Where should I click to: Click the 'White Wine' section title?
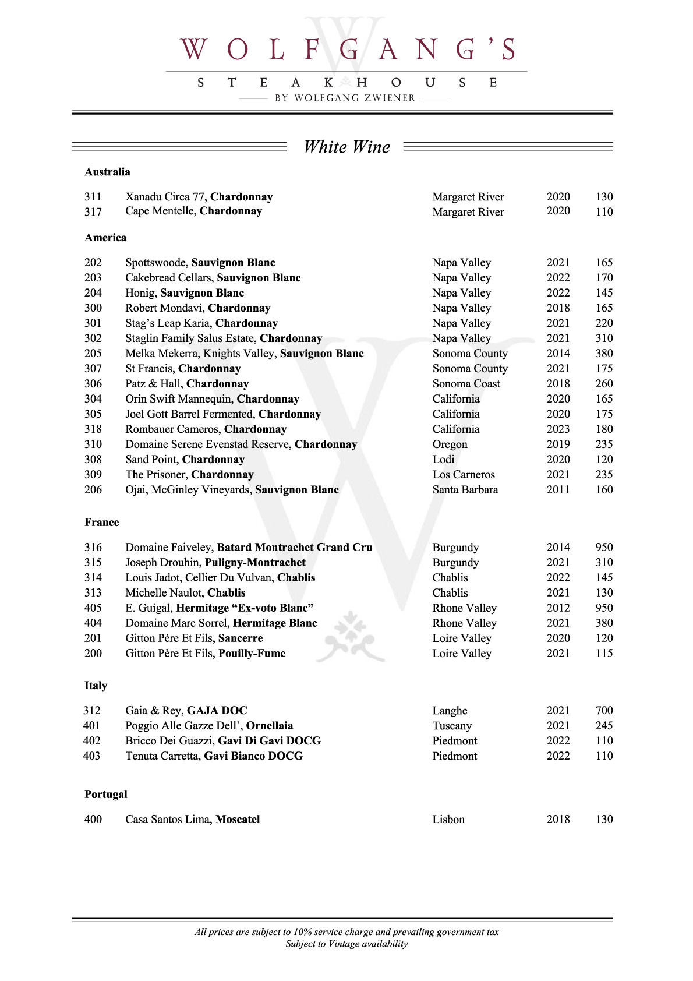pyautogui.click(x=347, y=147)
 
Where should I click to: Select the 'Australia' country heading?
pyautogui.click(x=107, y=172)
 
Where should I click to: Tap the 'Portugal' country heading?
pyautogui.click(x=105, y=795)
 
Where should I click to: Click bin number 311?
pyautogui.click(x=93, y=197)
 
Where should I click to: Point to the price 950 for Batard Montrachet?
pyautogui.click(x=604, y=548)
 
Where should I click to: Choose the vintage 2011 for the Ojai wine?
pyautogui.click(x=558, y=490)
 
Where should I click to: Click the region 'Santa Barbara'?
pyautogui.click(x=465, y=490)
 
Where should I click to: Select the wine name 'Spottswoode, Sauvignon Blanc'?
pyautogui.click(x=200, y=263)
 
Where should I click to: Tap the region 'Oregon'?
pyautogui.click(x=450, y=444)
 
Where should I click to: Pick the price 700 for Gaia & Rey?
pyautogui.click(x=604, y=711)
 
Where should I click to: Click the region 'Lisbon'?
pyautogui.click(x=448, y=820)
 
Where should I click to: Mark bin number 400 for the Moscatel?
pyautogui.click(x=93, y=820)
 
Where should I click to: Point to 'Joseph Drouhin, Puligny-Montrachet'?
pyautogui.click(x=215, y=563)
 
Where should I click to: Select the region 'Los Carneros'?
pyautogui.click(x=463, y=475)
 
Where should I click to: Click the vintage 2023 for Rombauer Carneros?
pyautogui.click(x=558, y=429)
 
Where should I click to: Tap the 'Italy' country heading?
pyautogui.click(x=96, y=686)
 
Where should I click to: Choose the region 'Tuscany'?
pyautogui.click(x=452, y=726)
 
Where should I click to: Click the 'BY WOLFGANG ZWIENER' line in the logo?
pyautogui.click(x=345, y=98)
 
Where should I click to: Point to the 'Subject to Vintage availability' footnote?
pyautogui.click(x=346, y=944)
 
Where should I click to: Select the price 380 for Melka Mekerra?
pyautogui.click(x=604, y=354)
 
